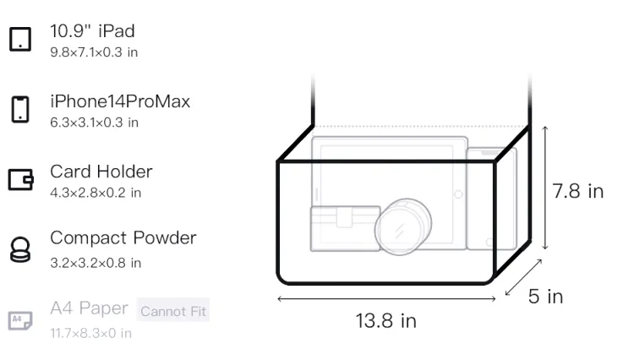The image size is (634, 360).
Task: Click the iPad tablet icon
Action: [x=20, y=39]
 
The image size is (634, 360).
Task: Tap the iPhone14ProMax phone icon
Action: [x=20, y=109]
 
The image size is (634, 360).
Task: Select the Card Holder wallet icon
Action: [x=20, y=179]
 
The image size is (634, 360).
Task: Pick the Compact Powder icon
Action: [x=20, y=249]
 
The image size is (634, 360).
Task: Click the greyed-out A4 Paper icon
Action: [x=20, y=320]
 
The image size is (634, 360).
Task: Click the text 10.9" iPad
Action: [x=92, y=31]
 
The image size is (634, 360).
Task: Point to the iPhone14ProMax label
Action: [x=120, y=101]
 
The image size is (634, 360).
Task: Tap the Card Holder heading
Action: [x=101, y=172]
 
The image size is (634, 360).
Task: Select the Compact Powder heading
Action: [x=123, y=238]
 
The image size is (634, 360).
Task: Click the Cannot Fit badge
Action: [x=173, y=310]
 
